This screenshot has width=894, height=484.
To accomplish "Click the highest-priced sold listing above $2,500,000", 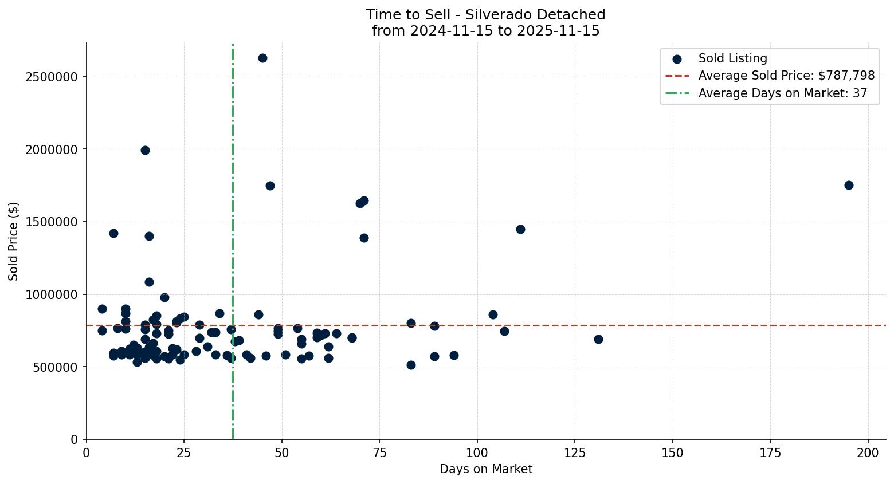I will [x=262, y=58].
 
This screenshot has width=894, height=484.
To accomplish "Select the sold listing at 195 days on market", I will [x=849, y=185].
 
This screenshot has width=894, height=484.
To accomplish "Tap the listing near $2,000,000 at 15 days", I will [x=145, y=150].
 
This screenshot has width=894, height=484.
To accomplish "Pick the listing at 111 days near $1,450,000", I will [x=520, y=229].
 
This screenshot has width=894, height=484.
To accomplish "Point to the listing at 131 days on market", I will [x=598, y=339].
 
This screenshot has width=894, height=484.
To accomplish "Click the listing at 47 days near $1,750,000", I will [x=270, y=186].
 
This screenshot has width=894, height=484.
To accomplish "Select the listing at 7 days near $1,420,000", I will [x=113, y=233].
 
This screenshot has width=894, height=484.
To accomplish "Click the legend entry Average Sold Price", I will [x=786, y=76].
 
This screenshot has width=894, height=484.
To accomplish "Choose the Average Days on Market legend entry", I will [x=782, y=93].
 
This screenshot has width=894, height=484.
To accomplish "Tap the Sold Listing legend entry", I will [x=732, y=58].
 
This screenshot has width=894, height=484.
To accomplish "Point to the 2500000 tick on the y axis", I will [x=52, y=77].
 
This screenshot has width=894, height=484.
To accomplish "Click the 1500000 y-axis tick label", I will [x=52, y=222].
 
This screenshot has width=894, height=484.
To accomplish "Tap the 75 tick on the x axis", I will [x=379, y=453].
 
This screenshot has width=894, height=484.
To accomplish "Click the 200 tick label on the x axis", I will [x=868, y=453].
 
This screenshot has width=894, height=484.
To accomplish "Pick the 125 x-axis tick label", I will [x=575, y=453].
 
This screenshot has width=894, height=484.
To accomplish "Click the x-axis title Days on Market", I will [x=486, y=469].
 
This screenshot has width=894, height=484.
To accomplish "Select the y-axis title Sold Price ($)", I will [x=14, y=241].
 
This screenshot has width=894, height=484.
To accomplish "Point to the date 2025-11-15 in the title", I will [x=558, y=31].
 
